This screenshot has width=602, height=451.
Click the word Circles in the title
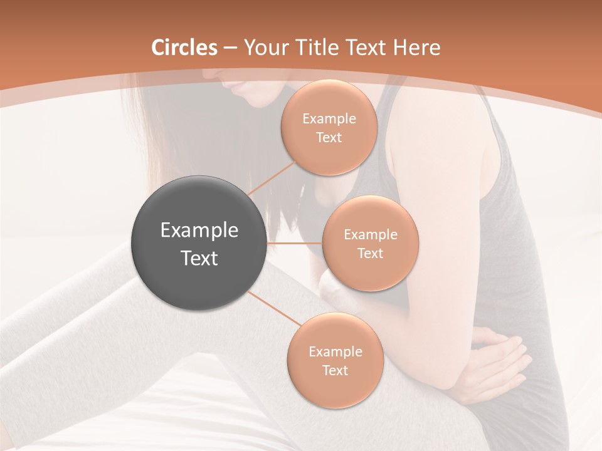pos(184,48)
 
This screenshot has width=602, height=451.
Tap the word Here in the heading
pos(416,48)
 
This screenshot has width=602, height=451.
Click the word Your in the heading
pos(265,48)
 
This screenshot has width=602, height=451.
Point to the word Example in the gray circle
pos(199,231)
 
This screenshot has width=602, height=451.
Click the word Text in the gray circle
pos(199,258)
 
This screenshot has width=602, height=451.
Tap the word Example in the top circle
pos(329,118)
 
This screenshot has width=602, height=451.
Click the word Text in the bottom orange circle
pos(335,370)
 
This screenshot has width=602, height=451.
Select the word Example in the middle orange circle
pos(370,235)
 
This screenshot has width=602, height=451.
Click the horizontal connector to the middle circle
pos(294,243)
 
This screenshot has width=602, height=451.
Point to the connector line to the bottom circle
pos(276,311)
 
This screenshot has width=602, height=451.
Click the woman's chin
pos(241,94)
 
